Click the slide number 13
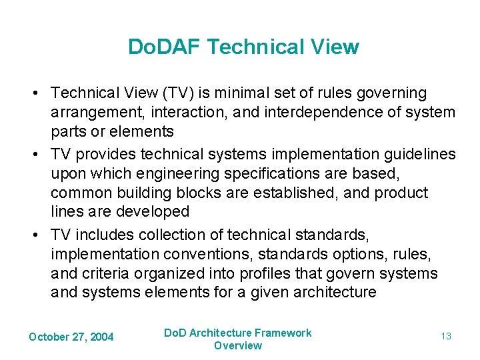pos(446,337)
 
